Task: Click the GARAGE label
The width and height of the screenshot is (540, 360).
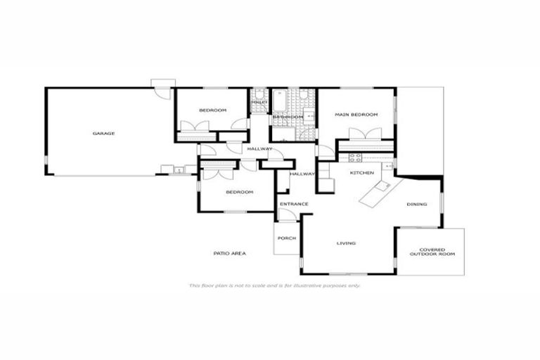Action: point(103,133)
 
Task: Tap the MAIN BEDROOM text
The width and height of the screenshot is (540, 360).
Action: point(356,115)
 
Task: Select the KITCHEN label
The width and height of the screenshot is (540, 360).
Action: point(361,172)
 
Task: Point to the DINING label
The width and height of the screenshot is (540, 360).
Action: point(416,205)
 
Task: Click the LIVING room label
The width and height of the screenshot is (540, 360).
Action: point(346,243)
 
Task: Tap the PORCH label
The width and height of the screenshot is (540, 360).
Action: point(285,238)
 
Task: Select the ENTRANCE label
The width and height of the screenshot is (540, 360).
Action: point(293,205)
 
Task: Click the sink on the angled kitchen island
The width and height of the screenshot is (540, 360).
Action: point(384,186)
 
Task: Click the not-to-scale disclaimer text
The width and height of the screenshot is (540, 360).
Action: point(274,285)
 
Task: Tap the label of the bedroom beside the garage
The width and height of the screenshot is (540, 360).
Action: point(212,110)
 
